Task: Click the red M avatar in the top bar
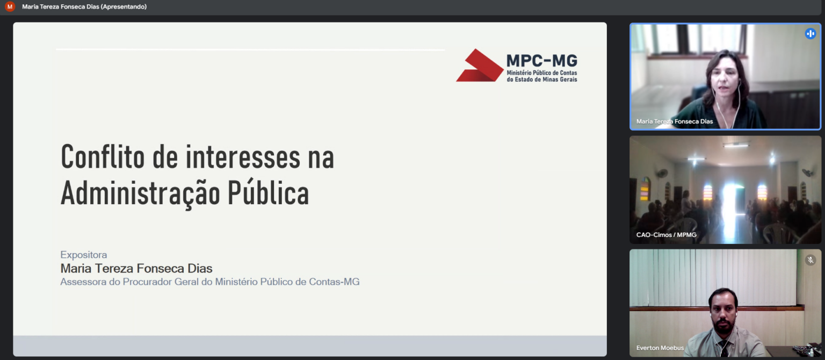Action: tap(10, 6)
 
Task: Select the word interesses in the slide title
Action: tap(243, 157)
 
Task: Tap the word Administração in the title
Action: tap(140, 193)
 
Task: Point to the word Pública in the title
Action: tap(268, 192)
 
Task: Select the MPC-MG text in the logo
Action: tap(542, 61)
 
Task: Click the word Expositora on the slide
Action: tap(84, 255)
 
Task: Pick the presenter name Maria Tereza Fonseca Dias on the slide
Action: tap(136, 268)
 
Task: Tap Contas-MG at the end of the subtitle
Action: tap(334, 282)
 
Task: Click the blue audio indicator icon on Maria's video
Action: tap(810, 34)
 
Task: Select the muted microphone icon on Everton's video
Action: tap(810, 260)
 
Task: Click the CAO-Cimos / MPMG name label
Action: tap(666, 235)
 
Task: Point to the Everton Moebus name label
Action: tap(660, 348)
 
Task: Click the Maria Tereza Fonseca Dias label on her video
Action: tap(675, 121)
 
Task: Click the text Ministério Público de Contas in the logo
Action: tap(542, 73)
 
